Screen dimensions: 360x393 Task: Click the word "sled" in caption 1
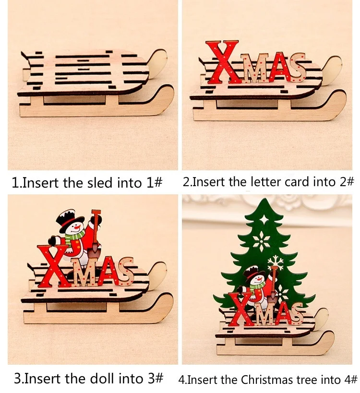(x=99, y=182)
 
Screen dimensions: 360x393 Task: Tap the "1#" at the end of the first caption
(x=155, y=182)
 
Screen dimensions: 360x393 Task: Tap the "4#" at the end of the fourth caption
(x=349, y=380)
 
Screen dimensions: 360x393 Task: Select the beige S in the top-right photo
(x=298, y=67)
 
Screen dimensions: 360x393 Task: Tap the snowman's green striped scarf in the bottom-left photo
(x=74, y=237)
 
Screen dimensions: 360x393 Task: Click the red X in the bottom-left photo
(x=53, y=266)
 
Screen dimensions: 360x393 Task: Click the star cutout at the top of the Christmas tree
(x=264, y=219)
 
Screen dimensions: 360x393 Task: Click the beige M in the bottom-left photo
(x=80, y=272)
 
